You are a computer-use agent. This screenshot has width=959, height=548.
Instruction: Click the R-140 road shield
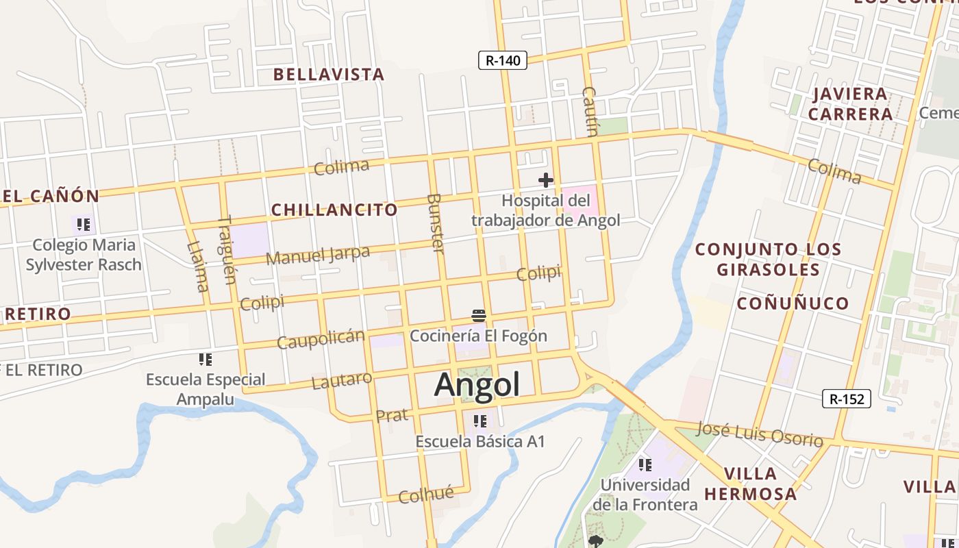(x=503, y=60)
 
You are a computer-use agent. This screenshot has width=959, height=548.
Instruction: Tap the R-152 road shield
(x=847, y=399)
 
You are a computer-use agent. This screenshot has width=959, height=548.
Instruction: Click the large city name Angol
(x=477, y=384)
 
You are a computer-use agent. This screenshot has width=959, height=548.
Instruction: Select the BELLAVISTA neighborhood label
(x=329, y=74)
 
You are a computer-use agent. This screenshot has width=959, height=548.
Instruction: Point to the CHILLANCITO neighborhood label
(x=334, y=210)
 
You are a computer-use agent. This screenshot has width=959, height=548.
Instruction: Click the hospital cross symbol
(x=546, y=180)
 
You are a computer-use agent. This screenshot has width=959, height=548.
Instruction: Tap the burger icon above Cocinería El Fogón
(x=479, y=316)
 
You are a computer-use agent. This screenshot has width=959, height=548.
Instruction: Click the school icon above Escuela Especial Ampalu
(x=205, y=359)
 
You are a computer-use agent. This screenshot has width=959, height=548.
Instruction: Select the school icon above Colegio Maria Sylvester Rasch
(x=84, y=225)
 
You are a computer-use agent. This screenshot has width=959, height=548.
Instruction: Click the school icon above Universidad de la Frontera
(x=645, y=465)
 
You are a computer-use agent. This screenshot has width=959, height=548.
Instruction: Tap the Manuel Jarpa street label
(x=318, y=256)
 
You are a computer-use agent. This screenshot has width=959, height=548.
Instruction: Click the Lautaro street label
(x=342, y=380)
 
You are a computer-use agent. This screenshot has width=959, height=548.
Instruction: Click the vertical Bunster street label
(x=436, y=223)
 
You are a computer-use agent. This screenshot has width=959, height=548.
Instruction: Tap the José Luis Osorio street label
(x=759, y=434)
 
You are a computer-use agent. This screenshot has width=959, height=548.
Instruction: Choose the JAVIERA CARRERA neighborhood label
(x=850, y=103)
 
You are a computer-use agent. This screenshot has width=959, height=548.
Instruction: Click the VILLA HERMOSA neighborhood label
(x=751, y=483)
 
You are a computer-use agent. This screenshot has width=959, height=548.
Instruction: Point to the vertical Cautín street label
(x=590, y=112)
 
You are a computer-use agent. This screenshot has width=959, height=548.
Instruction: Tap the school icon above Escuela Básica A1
(x=480, y=421)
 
